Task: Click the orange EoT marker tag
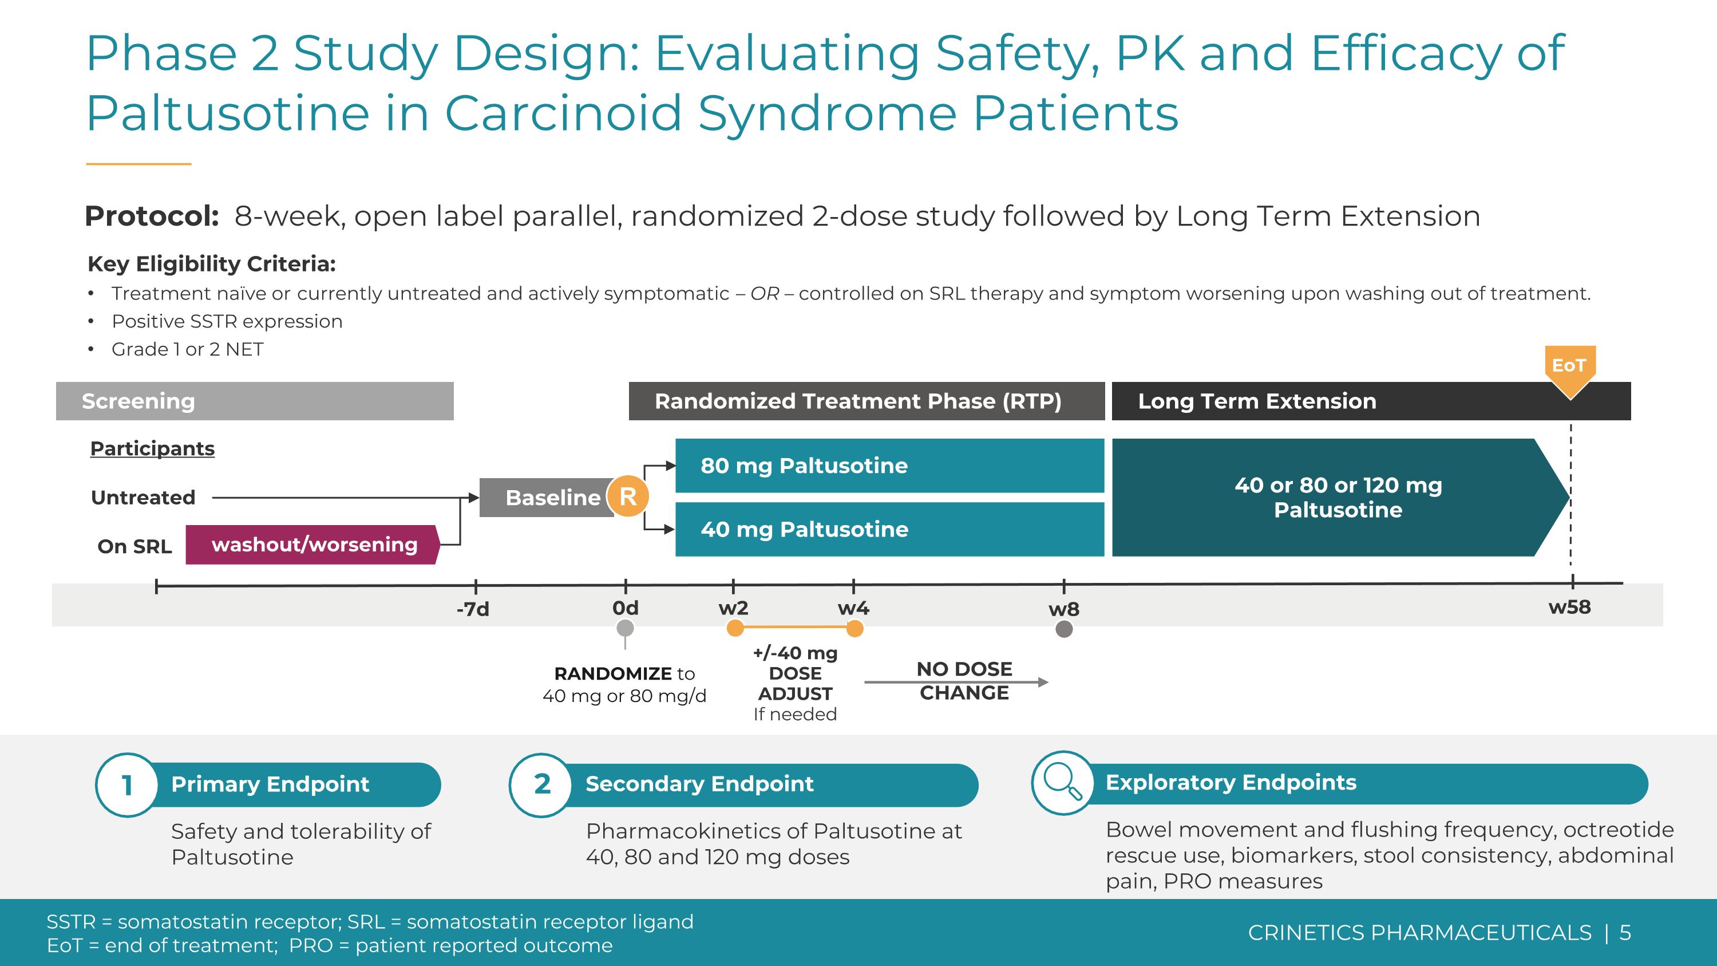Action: point(1570,366)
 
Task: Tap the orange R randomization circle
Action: point(627,496)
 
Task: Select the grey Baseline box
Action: point(547,498)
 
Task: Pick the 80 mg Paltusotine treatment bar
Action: point(889,466)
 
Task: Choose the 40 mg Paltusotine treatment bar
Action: point(889,529)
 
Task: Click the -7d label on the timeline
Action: point(473,609)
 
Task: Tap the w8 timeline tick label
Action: point(1063,609)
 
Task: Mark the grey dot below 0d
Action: point(624,628)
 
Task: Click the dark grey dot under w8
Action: point(1064,629)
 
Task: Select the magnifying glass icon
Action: point(1062,782)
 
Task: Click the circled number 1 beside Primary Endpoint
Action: point(126,784)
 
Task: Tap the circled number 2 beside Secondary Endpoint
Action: point(542,784)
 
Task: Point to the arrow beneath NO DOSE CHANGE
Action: point(956,682)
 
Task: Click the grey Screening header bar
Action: point(255,401)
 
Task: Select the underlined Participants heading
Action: point(152,449)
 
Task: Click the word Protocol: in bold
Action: point(152,216)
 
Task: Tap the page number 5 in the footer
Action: point(1625,933)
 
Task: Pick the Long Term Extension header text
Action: point(1256,401)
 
